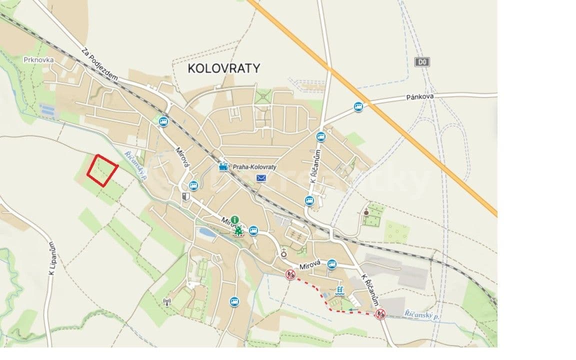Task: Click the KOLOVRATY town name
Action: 224,68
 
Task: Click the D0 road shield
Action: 422,62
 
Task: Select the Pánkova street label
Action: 419,96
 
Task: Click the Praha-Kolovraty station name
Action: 255,166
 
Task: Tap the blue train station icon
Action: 222,166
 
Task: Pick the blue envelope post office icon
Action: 261,178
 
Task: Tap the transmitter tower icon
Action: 167,301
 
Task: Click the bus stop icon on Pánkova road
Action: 358,106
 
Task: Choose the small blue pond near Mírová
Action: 206,232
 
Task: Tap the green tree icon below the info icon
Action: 239,230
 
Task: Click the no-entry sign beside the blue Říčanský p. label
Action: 380,313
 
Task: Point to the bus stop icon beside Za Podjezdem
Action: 163,120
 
